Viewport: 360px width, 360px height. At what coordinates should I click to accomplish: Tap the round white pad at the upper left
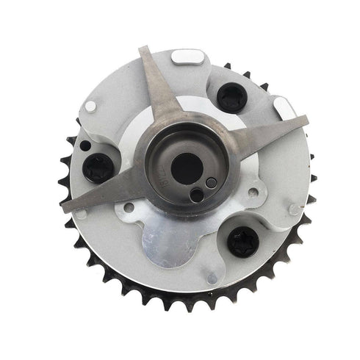90,106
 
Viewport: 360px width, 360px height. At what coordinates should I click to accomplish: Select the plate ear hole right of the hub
253,192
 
